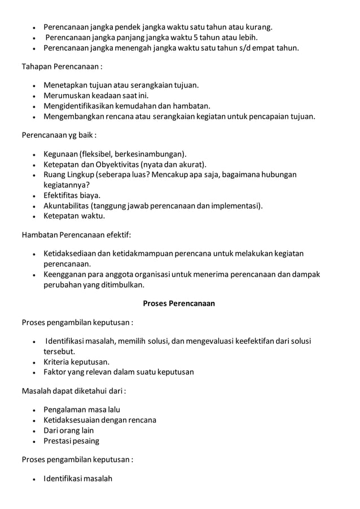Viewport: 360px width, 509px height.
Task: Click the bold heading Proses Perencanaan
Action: (x=179, y=303)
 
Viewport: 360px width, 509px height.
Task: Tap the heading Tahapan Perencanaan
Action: (x=62, y=68)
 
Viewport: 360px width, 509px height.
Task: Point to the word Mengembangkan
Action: (x=76, y=116)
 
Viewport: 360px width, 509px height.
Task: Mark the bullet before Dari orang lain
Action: (x=35, y=431)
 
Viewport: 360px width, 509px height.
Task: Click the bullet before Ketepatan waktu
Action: (x=35, y=216)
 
